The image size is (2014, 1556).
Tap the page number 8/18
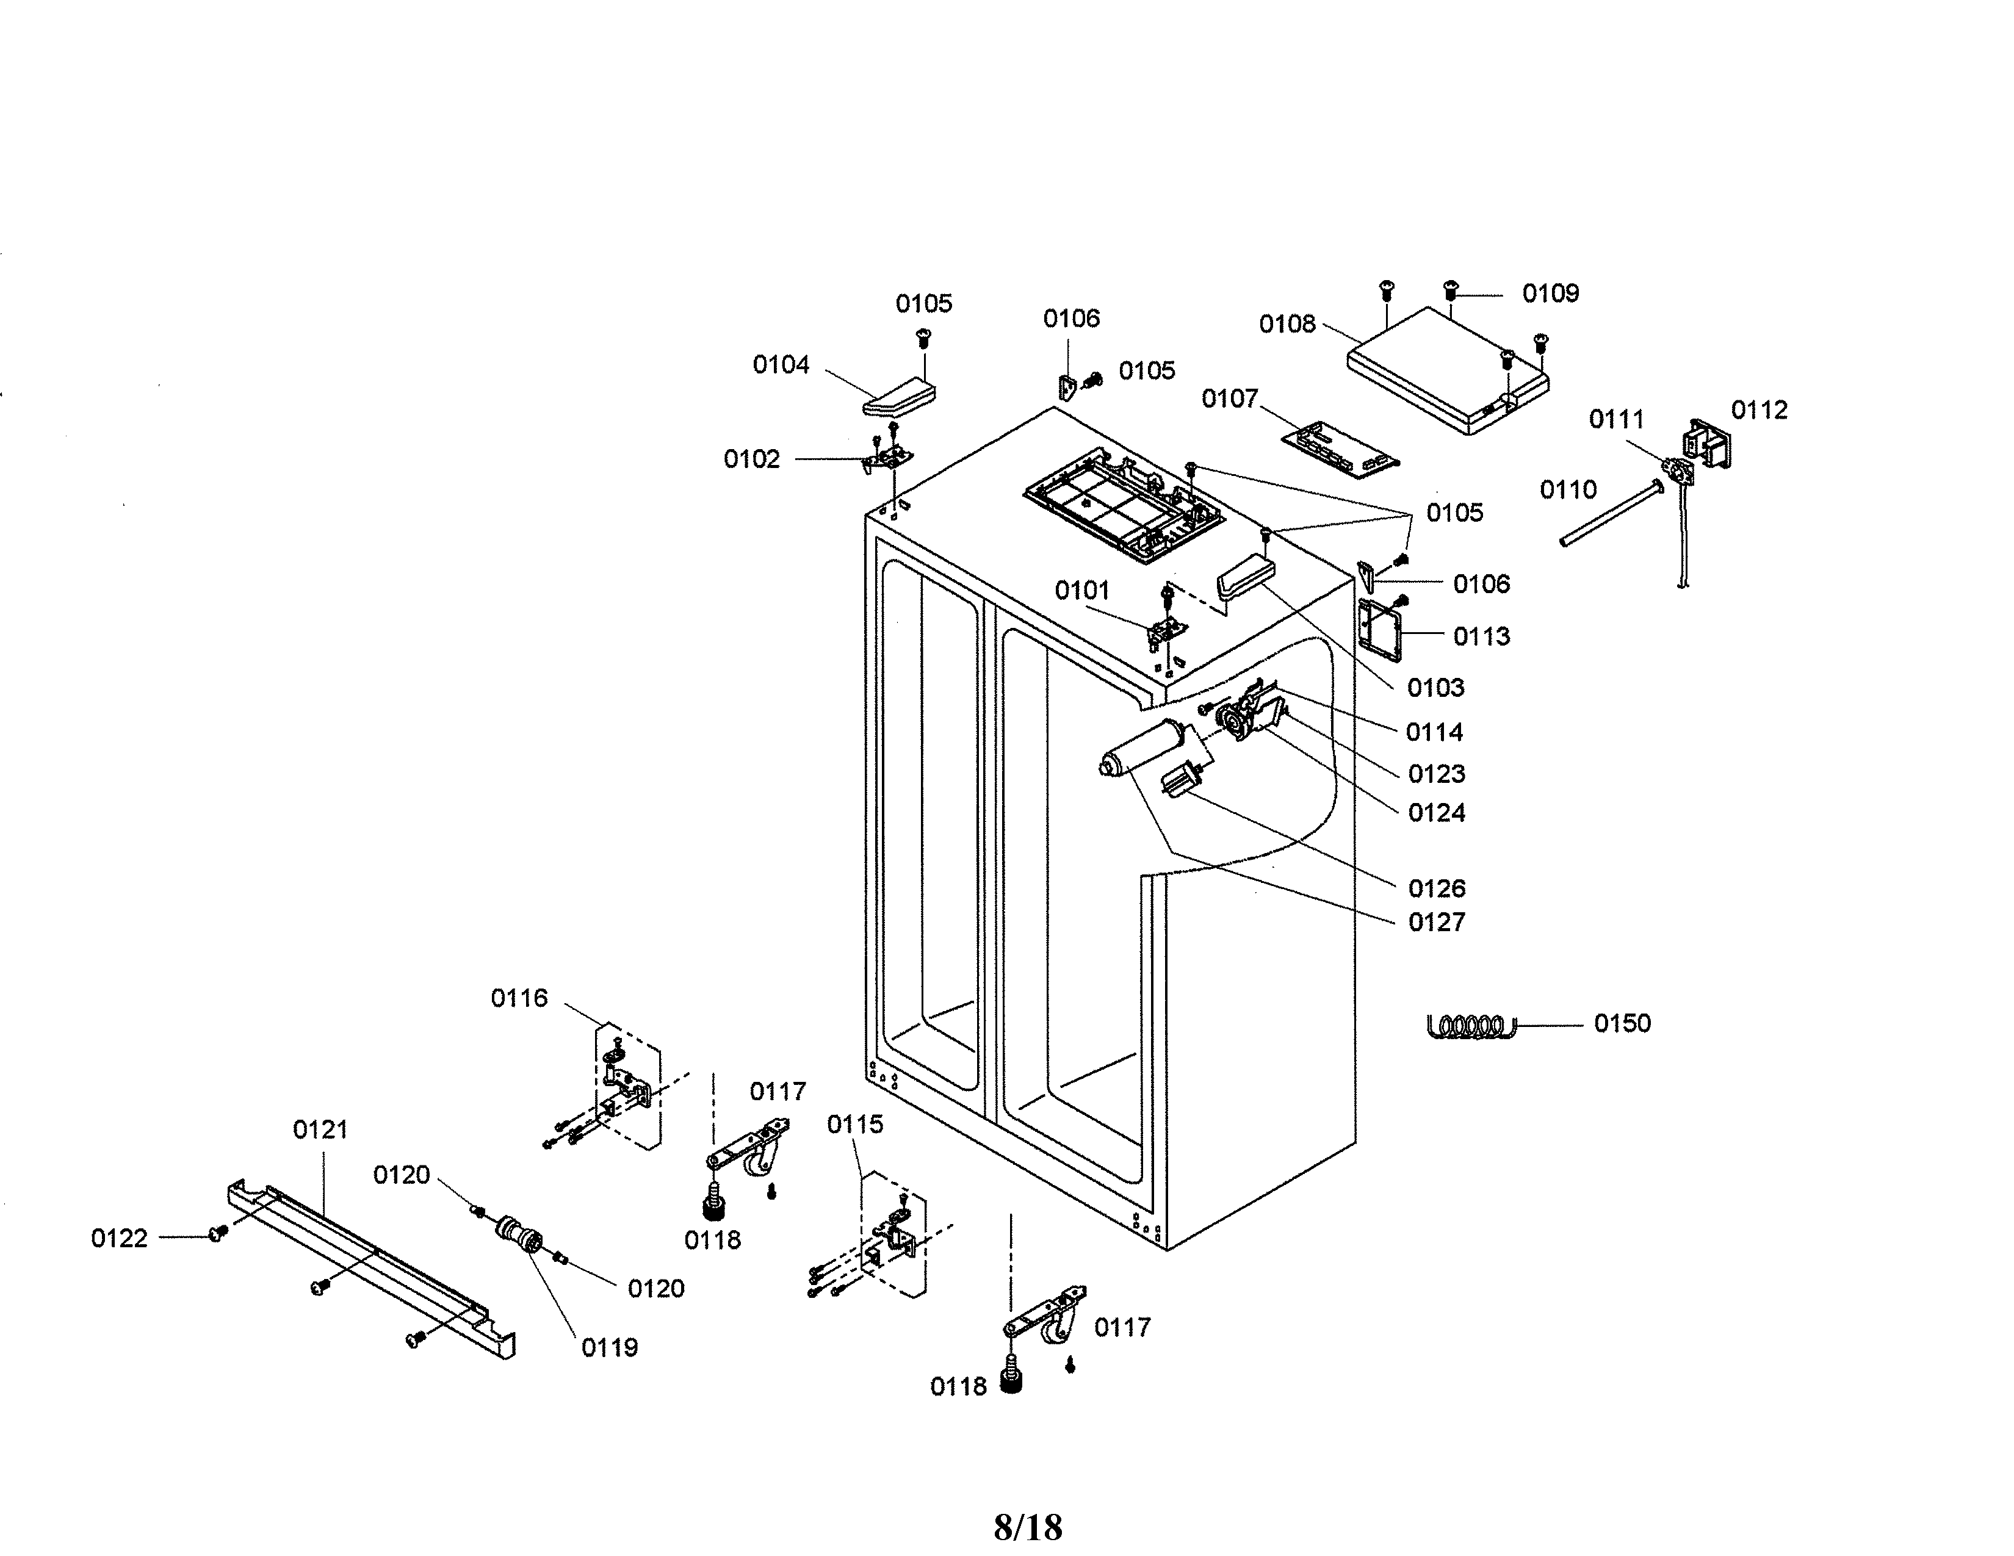click(1027, 1527)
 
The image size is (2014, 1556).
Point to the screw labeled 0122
click(218, 1233)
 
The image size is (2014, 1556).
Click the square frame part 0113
click(1381, 630)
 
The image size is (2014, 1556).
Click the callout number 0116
click(519, 998)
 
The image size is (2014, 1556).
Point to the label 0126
click(1436, 888)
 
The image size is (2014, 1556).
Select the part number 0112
click(1758, 409)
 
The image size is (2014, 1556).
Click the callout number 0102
click(751, 458)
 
